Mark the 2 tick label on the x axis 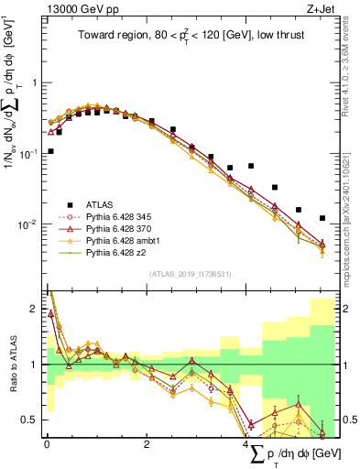coord(147,444)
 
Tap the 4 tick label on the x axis coord(246,444)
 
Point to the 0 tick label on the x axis coord(47,444)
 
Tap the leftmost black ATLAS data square coord(50,151)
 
